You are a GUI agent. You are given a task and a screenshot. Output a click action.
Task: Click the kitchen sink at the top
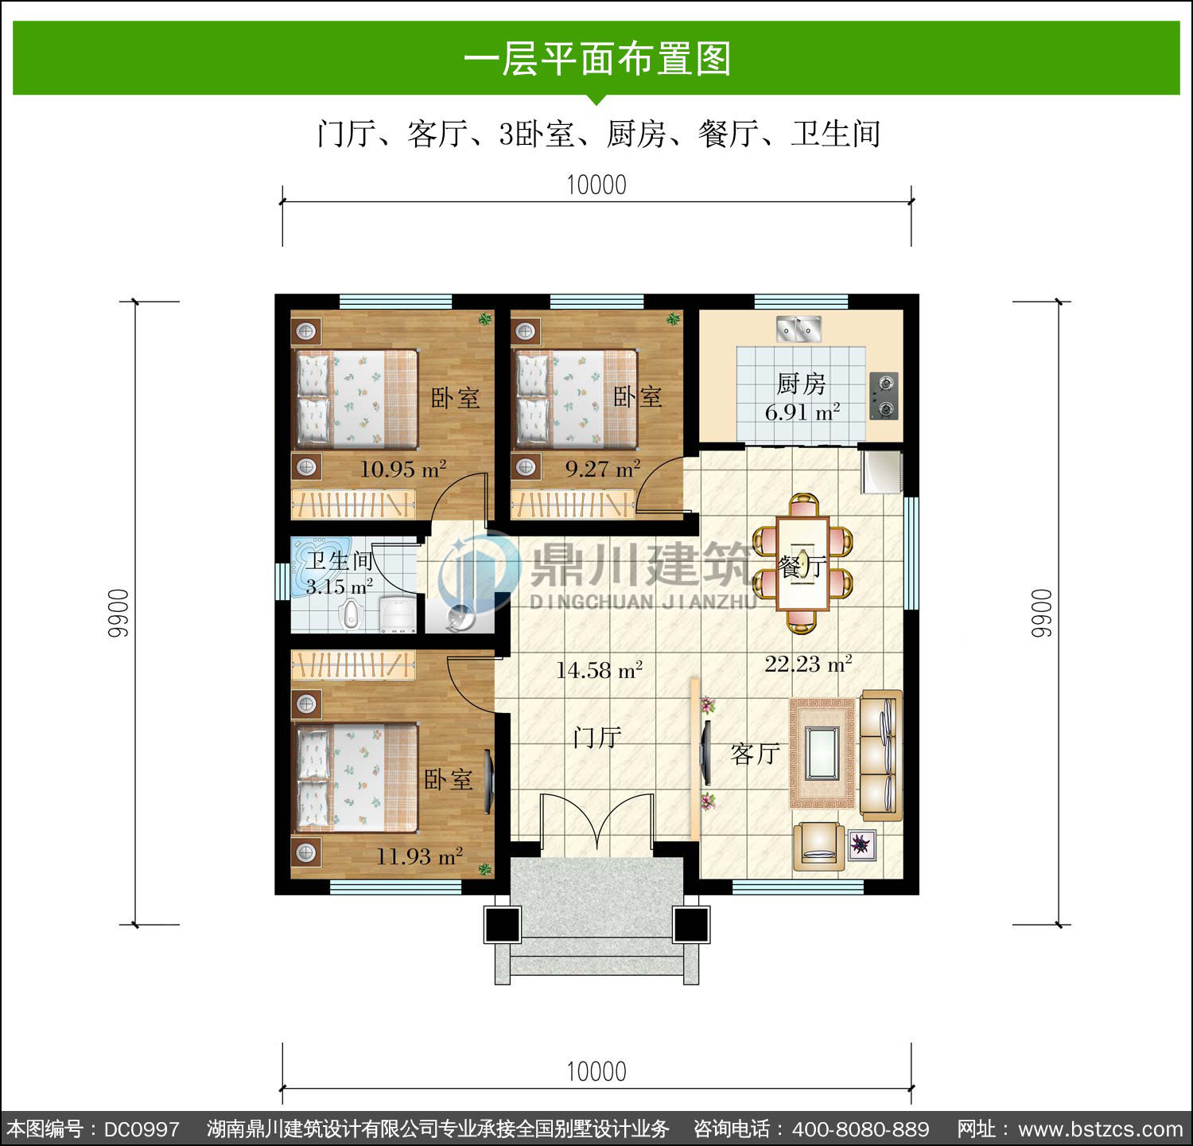pos(799,328)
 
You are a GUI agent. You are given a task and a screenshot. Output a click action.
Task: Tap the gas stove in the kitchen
pos(884,396)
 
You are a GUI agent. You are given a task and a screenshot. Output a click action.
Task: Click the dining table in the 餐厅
pos(802,563)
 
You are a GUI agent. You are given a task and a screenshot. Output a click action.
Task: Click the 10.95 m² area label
pos(403,469)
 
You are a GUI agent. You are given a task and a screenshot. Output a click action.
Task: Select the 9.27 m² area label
pos(603,469)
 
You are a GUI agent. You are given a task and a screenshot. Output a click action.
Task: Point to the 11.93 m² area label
pos(419,856)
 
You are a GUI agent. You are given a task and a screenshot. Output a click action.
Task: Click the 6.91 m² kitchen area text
pos(802,412)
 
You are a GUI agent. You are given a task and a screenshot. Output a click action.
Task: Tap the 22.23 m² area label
pos(808,663)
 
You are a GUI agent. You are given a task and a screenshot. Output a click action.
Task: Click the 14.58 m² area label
pos(599,670)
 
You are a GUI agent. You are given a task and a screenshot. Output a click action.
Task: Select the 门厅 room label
pos(596,738)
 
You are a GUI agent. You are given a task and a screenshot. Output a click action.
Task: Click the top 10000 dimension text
pos(596,185)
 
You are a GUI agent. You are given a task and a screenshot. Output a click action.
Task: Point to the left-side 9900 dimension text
pos(118,613)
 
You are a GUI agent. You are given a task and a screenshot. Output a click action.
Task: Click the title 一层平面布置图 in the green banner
pos(596,59)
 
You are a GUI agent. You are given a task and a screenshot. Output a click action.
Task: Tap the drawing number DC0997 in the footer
pos(142,1129)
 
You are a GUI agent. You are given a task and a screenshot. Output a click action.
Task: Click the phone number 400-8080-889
pos(861,1129)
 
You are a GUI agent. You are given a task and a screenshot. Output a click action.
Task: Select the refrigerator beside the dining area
pos(881,472)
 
